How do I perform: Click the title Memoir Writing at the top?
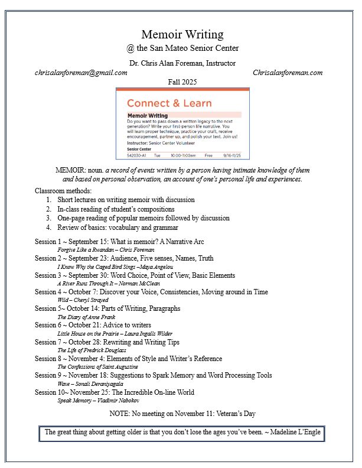coord(182,35)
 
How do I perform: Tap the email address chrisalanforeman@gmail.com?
coord(81,73)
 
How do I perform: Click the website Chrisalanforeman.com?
coord(287,73)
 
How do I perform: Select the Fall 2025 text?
coord(182,82)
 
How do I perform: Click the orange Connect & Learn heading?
coord(169,103)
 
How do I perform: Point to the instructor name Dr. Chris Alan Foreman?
coord(182,63)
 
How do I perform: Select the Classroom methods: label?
coord(63,191)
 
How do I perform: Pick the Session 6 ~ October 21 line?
coord(93,325)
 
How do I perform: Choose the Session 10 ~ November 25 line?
coord(114,392)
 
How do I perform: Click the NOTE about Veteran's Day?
coord(182,413)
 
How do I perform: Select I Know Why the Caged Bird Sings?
coord(115,267)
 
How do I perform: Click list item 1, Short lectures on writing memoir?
coord(126,200)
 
